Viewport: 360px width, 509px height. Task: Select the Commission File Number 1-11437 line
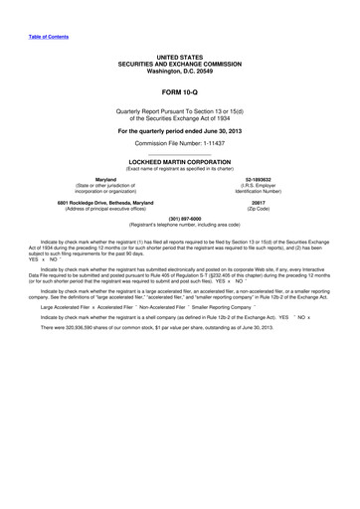tap(179, 144)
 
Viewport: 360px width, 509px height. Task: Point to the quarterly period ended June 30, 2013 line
tap(179, 130)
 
